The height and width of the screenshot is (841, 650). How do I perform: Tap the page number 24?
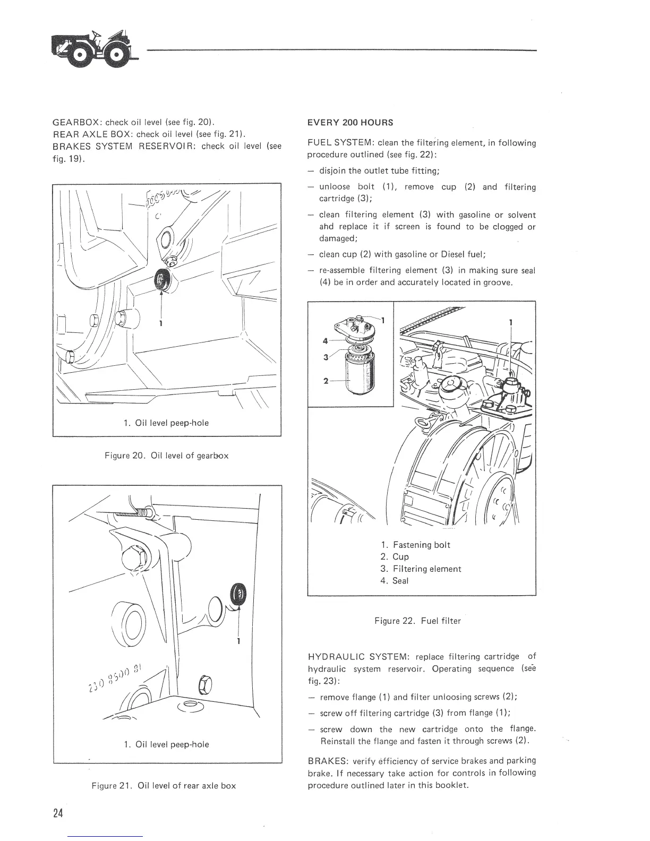click(x=58, y=813)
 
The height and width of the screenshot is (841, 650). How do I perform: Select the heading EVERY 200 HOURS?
click(x=350, y=123)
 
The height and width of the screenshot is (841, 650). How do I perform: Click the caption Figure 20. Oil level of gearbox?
click(x=167, y=456)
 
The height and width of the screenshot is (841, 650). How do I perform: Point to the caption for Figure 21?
click(x=164, y=785)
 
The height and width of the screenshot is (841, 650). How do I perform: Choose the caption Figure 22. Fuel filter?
click(x=417, y=620)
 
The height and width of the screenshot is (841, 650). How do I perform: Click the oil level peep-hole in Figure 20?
click(x=162, y=279)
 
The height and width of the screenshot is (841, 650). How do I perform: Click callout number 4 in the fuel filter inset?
click(x=324, y=341)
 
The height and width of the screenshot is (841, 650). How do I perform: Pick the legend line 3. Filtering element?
click(x=421, y=569)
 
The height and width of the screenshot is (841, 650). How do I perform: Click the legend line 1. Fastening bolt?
click(x=416, y=545)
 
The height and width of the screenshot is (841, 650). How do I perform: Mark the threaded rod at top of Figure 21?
click(x=132, y=513)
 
